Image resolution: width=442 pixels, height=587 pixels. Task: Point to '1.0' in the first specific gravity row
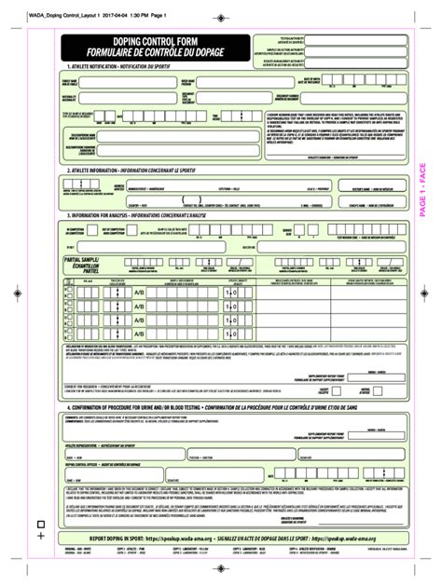(x=231, y=293)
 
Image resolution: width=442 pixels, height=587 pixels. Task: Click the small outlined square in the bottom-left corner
(x=40, y=523)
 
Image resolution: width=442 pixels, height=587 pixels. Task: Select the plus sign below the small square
(x=40, y=536)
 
